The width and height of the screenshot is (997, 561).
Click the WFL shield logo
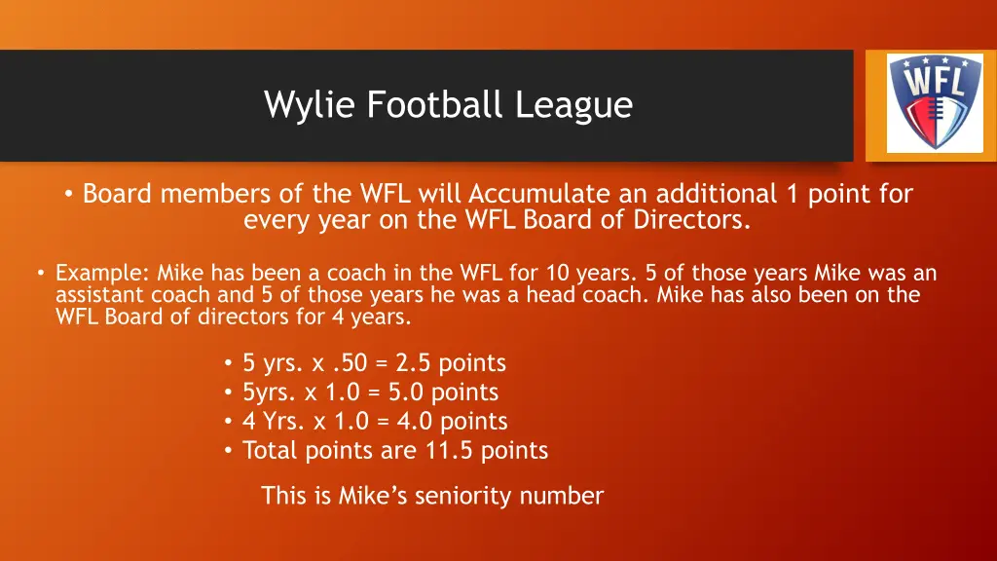(x=921, y=100)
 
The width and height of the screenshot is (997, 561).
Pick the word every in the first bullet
(x=276, y=220)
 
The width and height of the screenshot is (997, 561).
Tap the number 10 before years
(x=561, y=274)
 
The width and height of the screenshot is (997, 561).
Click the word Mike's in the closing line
(x=373, y=496)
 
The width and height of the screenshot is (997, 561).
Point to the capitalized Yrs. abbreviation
(x=282, y=422)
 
